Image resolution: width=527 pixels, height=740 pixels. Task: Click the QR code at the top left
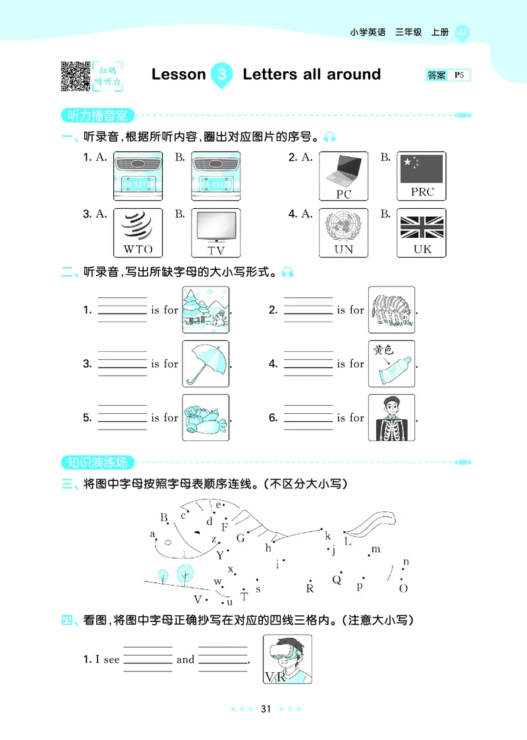tap(75, 75)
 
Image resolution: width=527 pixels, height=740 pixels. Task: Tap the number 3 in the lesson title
tap(222, 74)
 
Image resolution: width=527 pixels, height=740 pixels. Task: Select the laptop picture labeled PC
tap(344, 176)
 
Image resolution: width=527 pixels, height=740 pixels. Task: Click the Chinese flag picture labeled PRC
tap(421, 176)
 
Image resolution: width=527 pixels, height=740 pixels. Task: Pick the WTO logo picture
tap(138, 232)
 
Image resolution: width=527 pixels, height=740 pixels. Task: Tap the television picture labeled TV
tap(215, 232)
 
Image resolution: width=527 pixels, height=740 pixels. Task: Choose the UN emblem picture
tap(344, 232)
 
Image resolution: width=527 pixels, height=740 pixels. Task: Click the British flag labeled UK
tap(421, 232)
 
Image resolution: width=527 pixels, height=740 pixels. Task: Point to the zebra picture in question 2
tap(391, 310)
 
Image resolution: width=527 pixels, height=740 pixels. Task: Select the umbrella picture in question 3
tap(206, 364)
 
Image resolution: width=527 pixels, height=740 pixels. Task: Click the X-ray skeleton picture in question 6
tap(391, 418)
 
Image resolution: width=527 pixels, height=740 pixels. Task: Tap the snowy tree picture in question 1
tap(206, 310)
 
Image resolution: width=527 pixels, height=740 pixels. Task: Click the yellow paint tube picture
tap(391, 364)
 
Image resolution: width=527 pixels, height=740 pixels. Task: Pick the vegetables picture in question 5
tap(206, 418)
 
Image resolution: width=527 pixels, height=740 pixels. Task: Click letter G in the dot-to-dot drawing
tap(240, 538)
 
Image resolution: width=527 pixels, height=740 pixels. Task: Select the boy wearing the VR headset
tap(287, 659)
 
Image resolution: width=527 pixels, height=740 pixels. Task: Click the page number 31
tap(266, 709)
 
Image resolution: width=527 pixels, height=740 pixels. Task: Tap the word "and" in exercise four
tap(186, 660)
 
